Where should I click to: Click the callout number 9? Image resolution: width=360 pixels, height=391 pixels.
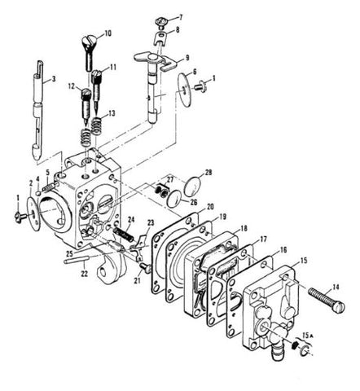coord(188,59)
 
